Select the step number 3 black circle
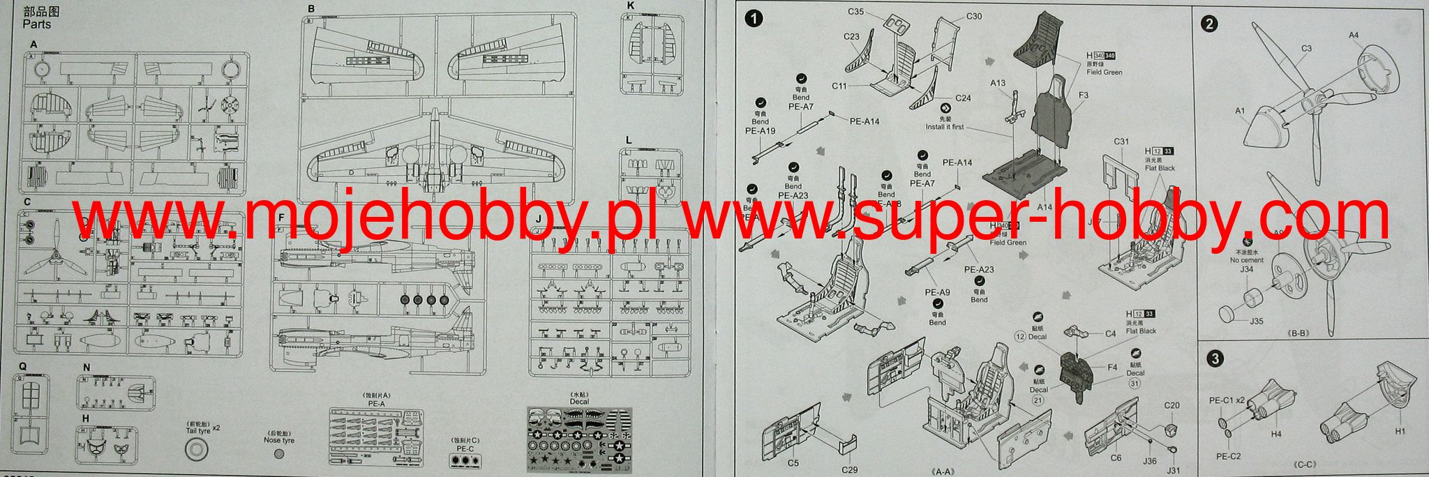(1215, 360)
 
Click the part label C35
(857, 11)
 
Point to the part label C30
(974, 15)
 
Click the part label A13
(998, 83)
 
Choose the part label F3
(1084, 95)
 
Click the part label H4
(1275, 434)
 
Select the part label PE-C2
(1229, 456)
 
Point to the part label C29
(849, 470)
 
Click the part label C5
(793, 463)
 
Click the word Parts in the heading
(36, 24)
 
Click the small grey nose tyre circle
(279, 453)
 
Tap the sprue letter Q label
(22, 365)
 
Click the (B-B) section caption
(1298, 333)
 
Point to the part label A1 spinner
(1240, 111)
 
